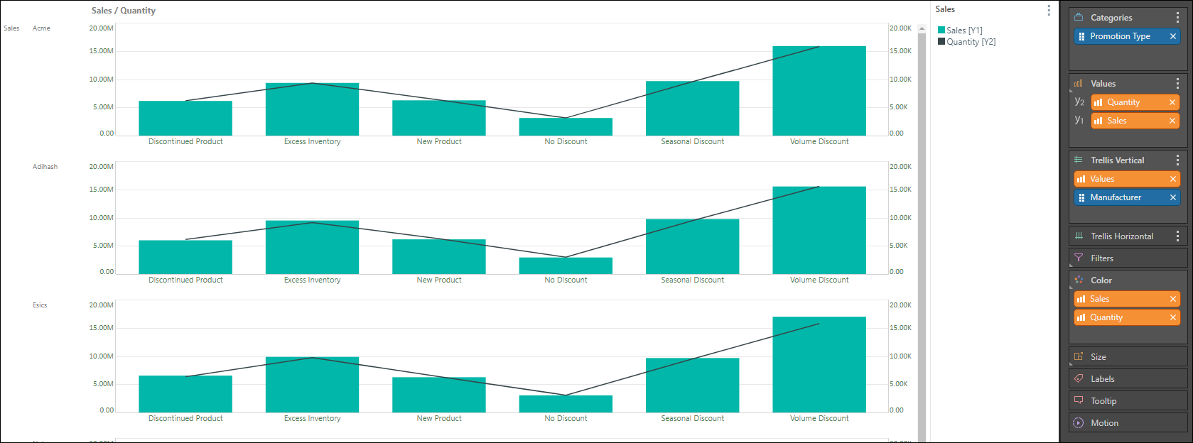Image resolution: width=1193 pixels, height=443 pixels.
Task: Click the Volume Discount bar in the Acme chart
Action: click(819, 91)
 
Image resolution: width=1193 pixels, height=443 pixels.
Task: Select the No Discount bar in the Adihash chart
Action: click(566, 266)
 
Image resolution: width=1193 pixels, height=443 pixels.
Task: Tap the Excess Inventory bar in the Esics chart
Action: click(312, 384)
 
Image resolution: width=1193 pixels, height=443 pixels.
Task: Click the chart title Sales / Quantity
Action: click(124, 11)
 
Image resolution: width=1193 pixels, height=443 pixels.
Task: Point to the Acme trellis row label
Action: click(41, 28)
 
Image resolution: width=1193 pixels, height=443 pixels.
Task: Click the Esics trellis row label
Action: click(40, 305)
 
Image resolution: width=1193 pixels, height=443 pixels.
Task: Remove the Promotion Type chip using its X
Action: click(1172, 36)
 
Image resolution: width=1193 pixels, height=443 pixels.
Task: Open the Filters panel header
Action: click(1102, 258)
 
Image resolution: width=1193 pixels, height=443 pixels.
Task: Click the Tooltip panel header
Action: click(1103, 401)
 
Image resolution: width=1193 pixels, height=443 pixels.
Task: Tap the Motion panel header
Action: click(1104, 423)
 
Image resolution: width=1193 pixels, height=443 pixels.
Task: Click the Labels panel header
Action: click(1102, 379)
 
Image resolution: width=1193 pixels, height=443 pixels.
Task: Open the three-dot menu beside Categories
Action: click(1177, 18)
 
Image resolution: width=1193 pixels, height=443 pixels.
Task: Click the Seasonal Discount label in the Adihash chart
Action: click(692, 280)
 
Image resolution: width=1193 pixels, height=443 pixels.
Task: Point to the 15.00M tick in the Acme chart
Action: click(101, 51)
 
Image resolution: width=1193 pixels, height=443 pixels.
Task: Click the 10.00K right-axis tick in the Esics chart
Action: click(900, 356)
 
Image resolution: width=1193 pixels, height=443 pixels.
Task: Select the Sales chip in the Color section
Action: click(1099, 299)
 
